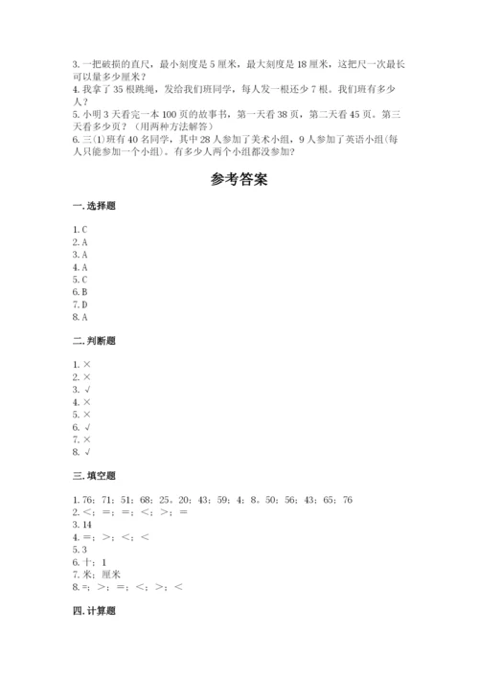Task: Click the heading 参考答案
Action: tap(239, 180)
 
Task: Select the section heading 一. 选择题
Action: tap(92, 208)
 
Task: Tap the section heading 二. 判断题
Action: tap(92, 340)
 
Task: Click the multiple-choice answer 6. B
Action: tap(80, 291)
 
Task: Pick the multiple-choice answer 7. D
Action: tap(80, 304)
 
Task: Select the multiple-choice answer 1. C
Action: tap(80, 230)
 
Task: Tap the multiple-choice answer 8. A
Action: tap(80, 316)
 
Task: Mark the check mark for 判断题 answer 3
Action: tap(87, 389)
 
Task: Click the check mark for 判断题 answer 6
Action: tap(87, 426)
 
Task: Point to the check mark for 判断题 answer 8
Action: tap(87, 450)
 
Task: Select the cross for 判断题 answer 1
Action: tap(87, 364)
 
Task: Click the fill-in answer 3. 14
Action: tap(82, 525)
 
